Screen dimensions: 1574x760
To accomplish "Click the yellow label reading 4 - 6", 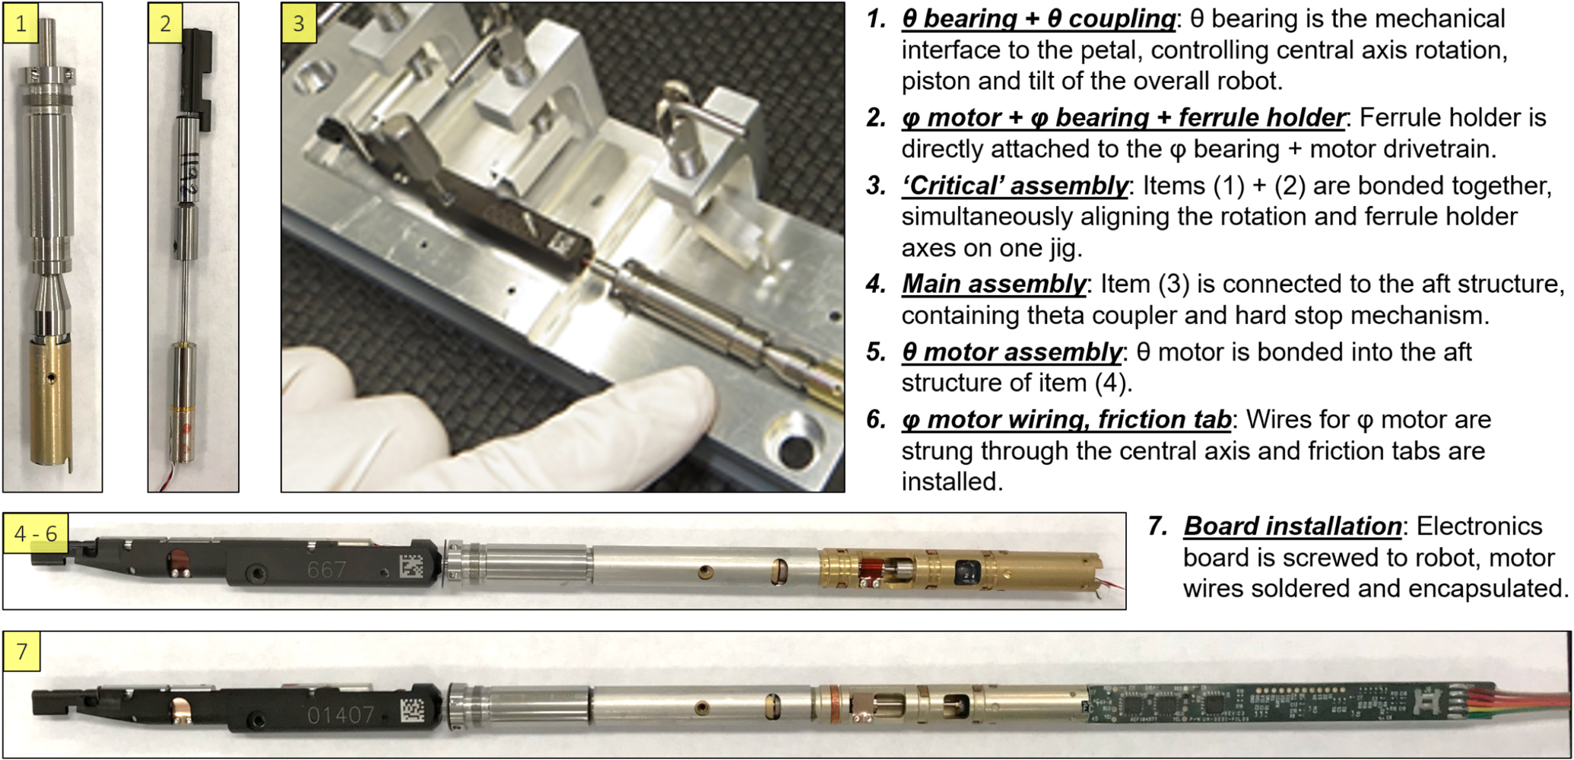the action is tap(36, 533).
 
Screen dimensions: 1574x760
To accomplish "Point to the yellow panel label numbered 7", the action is tap(21, 651).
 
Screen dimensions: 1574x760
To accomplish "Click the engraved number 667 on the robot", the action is tap(327, 569).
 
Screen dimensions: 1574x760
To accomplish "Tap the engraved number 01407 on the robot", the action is tap(341, 714).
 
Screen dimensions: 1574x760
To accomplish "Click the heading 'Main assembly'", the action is tap(993, 284).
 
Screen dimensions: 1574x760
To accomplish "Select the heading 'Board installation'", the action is tap(1292, 526).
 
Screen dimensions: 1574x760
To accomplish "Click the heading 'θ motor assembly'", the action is tap(1011, 352).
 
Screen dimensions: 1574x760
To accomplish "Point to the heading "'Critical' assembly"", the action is tap(1015, 186).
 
